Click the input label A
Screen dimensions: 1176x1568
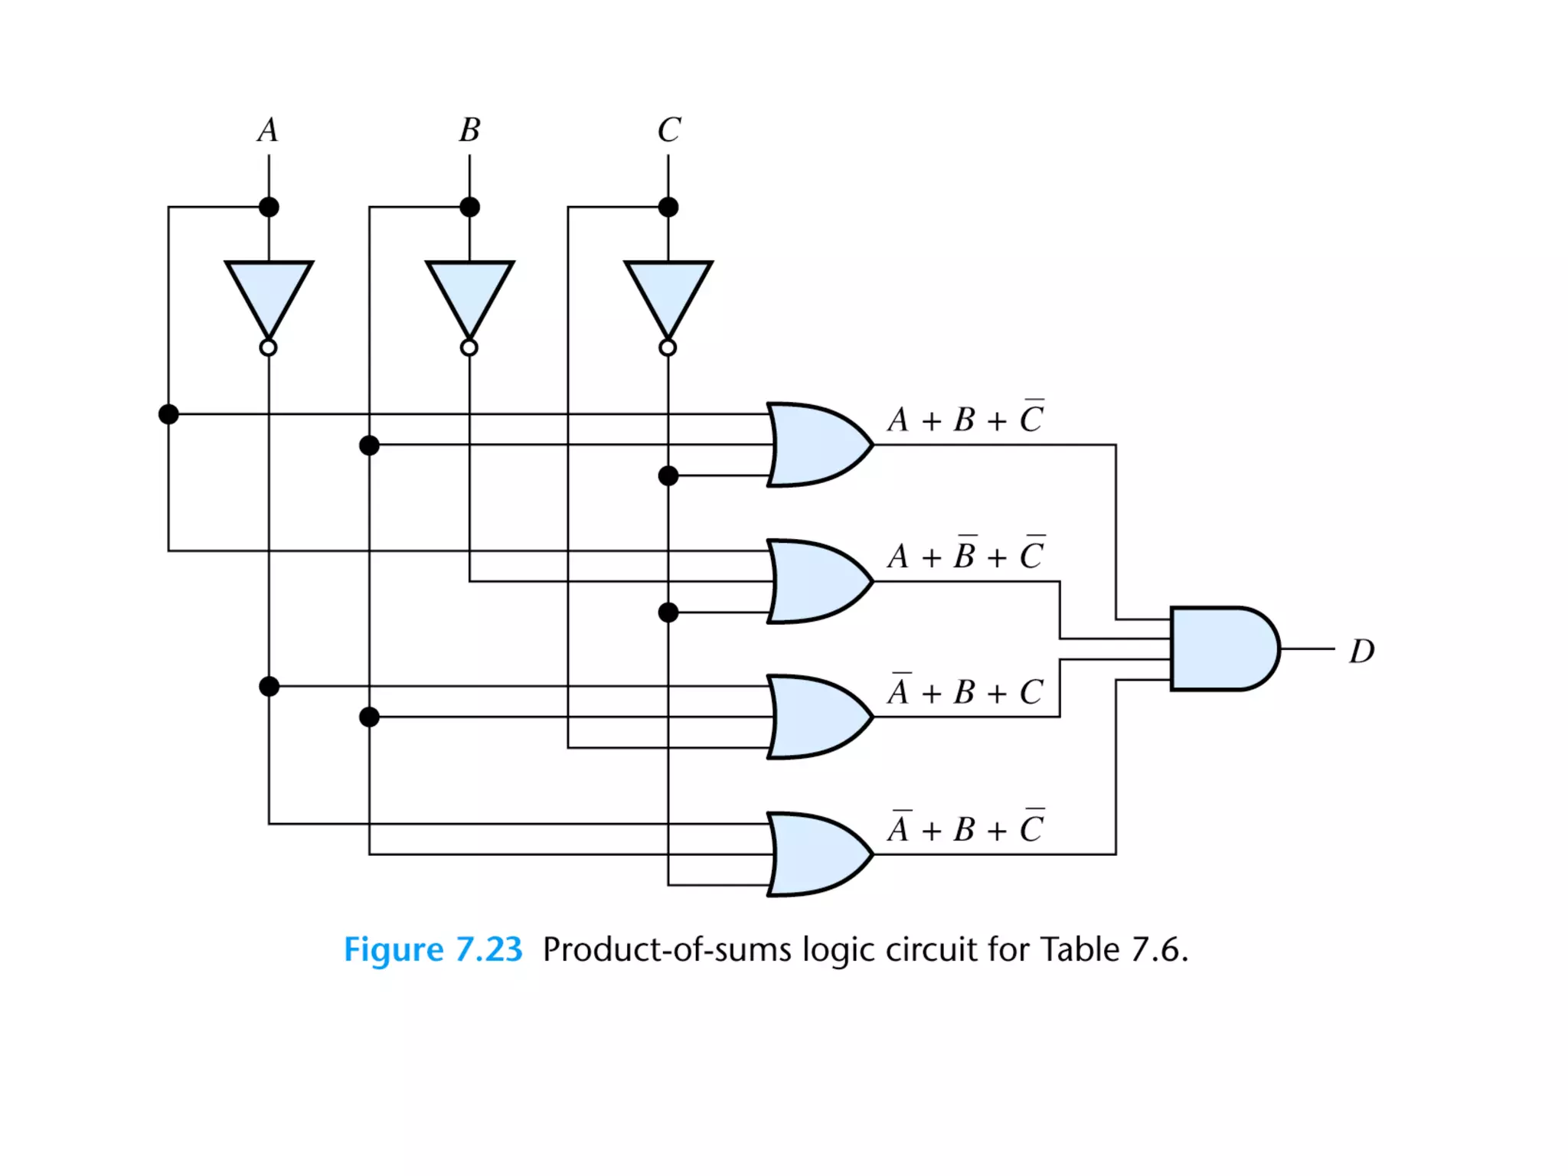click(x=267, y=130)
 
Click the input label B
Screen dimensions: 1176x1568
click(x=469, y=130)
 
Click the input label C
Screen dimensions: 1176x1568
click(x=668, y=130)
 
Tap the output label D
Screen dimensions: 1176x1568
click(x=1361, y=652)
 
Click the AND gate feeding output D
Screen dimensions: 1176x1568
click(x=1222, y=648)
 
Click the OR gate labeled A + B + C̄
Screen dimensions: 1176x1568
click(x=816, y=445)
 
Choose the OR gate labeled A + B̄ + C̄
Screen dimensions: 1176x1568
click(x=816, y=581)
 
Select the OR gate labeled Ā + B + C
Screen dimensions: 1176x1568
click(x=816, y=717)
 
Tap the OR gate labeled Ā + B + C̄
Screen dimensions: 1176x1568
click(x=816, y=854)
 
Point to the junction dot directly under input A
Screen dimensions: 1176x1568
click(x=269, y=207)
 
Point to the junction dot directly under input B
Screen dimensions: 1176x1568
click(x=469, y=207)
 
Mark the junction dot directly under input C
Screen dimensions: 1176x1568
click(x=668, y=207)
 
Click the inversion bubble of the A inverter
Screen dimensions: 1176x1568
click(x=268, y=348)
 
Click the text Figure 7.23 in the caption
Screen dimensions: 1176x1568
click(x=433, y=949)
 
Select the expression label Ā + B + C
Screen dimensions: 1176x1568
click(x=965, y=691)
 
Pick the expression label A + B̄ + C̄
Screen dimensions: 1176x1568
click(x=965, y=554)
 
